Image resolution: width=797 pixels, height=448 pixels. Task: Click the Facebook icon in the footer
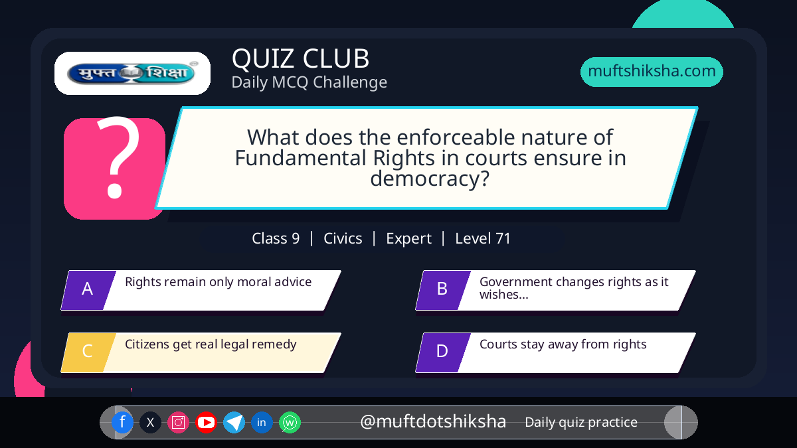(122, 422)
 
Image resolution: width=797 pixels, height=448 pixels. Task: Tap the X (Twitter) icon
(150, 422)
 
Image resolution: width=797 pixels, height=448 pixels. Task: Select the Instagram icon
(178, 422)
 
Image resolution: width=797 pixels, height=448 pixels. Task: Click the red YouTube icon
(206, 422)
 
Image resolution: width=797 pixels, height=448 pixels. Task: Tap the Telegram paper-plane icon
(234, 422)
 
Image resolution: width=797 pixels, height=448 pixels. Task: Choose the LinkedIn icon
(262, 422)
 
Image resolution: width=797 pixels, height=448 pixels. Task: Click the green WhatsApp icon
(290, 422)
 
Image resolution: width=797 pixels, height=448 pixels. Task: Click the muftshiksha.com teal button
(652, 72)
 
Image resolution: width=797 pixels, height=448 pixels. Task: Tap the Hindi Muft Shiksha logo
(132, 73)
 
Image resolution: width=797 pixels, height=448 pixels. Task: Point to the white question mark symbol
(118, 157)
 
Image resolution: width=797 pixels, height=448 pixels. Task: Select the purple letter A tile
(88, 290)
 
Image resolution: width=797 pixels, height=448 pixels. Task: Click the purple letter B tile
(443, 290)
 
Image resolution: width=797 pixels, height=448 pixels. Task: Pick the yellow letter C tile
(88, 352)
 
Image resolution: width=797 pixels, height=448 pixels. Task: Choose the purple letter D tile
(443, 352)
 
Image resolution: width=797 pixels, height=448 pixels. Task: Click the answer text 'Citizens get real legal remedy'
(211, 344)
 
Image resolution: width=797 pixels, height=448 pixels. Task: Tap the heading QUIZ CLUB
(301, 58)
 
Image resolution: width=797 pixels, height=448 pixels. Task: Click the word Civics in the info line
(343, 238)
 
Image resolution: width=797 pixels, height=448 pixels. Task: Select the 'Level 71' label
(483, 238)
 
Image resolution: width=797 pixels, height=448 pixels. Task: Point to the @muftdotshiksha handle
(433, 421)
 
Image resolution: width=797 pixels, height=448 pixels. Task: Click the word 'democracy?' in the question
(430, 179)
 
